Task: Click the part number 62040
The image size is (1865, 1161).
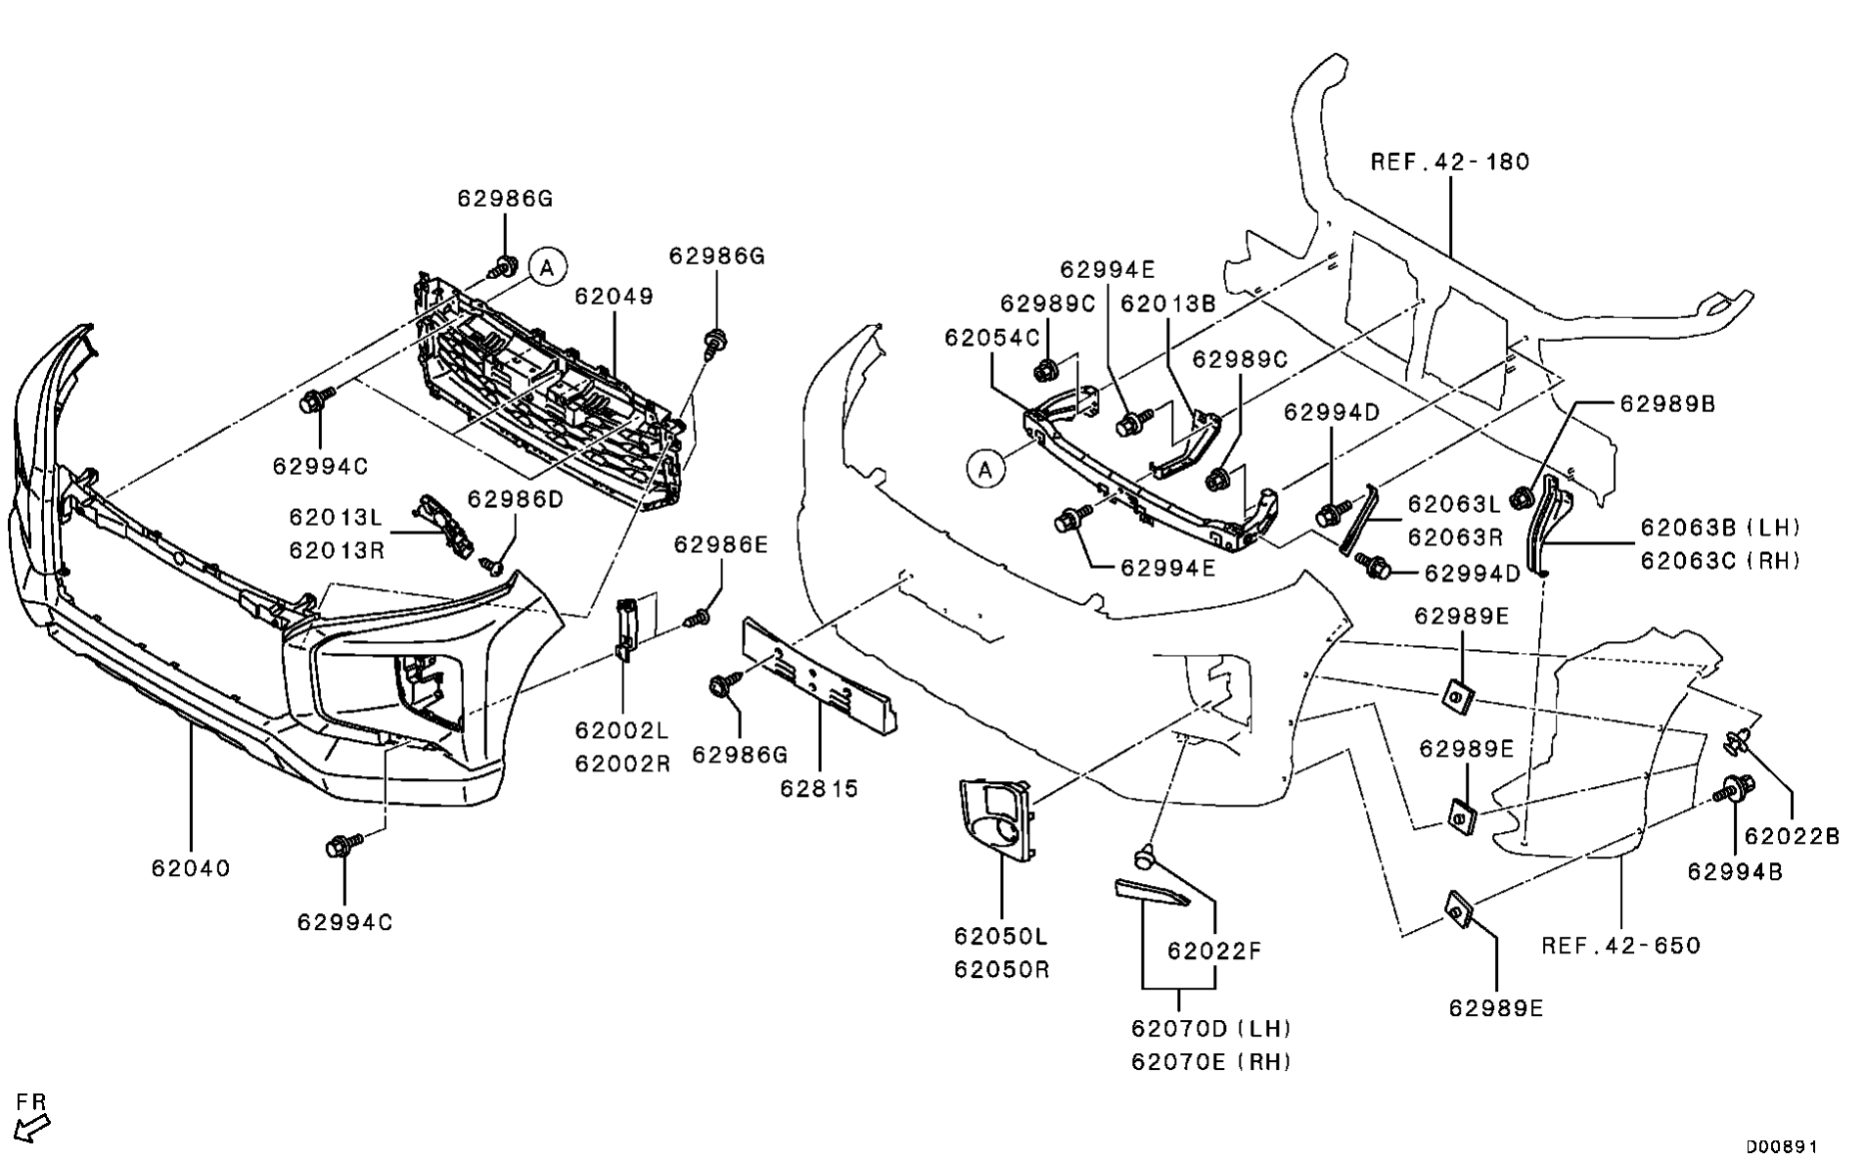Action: click(191, 868)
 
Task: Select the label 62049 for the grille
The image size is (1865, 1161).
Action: click(614, 296)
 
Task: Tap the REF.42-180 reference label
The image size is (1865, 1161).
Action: click(1449, 162)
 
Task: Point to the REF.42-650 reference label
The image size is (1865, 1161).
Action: click(1620, 946)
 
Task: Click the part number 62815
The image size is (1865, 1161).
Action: click(819, 788)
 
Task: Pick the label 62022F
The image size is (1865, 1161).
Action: click(1214, 951)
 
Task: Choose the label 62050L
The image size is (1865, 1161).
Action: click(1001, 936)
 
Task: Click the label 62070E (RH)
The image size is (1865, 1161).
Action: click(1211, 1061)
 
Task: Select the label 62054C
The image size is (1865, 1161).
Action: click(992, 338)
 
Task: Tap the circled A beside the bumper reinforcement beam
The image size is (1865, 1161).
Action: click(985, 470)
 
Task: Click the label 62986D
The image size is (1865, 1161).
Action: click(516, 499)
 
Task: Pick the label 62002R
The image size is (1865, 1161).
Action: click(622, 764)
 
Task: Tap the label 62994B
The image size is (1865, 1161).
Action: click(1735, 870)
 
